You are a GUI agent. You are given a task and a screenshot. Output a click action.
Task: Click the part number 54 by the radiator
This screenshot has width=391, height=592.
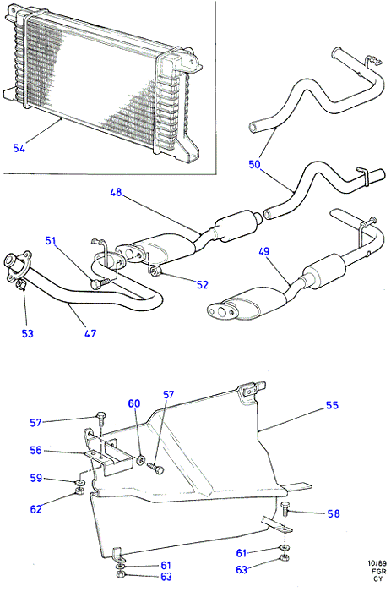click(19, 148)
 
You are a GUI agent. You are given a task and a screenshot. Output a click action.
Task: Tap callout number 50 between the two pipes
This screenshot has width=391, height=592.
click(254, 164)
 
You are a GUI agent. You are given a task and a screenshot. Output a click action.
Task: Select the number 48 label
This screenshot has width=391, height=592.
click(117, 192)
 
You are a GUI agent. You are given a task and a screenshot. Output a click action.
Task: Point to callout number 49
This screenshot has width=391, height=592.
click(264, 251)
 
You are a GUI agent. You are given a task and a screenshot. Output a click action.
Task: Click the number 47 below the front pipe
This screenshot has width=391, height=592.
click(90, 333)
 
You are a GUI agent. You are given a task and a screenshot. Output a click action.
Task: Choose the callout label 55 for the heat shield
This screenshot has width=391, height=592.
click(332, 405)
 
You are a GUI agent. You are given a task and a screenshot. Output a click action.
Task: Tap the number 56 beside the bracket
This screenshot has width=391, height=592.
click(35, 450)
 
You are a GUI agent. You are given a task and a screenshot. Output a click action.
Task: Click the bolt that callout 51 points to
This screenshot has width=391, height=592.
click(100, 283)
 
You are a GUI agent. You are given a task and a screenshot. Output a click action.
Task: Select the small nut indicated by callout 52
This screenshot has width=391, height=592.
click(155, 271)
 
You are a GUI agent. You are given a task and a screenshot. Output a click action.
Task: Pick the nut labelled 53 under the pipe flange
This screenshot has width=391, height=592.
click(22, 284)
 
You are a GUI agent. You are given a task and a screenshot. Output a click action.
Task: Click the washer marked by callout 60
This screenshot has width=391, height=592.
click(141, 459)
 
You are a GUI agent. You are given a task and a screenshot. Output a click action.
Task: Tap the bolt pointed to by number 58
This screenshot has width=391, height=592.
click(285, 508)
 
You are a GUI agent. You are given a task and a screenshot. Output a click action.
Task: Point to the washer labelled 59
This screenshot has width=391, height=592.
click(79, 483)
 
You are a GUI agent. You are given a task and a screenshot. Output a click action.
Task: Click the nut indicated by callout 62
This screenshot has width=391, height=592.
click(79, 491)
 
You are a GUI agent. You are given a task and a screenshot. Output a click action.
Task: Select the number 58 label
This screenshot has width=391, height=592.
click(334, 513)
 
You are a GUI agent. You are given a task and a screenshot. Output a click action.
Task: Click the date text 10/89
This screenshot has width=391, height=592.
click(377, 564)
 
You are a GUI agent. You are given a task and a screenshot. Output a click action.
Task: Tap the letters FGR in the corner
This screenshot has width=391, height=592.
click(378, 571)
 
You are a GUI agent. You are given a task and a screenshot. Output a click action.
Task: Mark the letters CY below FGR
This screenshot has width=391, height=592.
click(378, 578)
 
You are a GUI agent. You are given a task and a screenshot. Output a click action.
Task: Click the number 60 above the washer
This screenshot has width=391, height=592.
click(134, 403)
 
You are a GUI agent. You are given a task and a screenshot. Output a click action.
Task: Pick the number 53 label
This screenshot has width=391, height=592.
click(28, 333)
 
